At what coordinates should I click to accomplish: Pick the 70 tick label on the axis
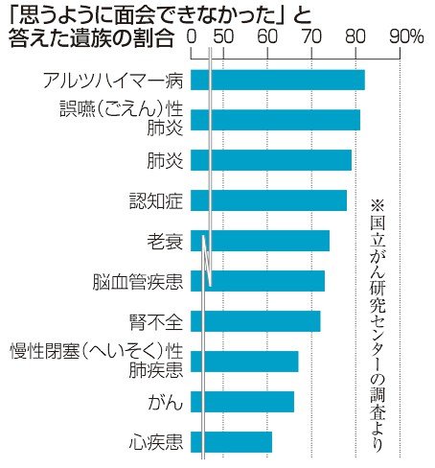pos(310,37)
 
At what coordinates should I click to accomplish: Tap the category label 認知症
pos(155,199)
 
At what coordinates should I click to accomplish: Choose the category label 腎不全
pos(155,320)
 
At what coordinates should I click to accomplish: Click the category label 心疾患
pos(155,441)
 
